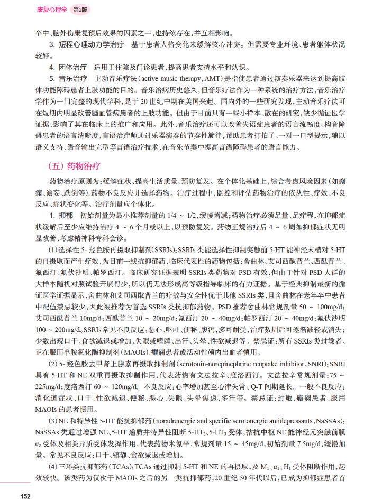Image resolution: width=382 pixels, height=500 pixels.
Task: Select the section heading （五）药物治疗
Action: tap(71, 166)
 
